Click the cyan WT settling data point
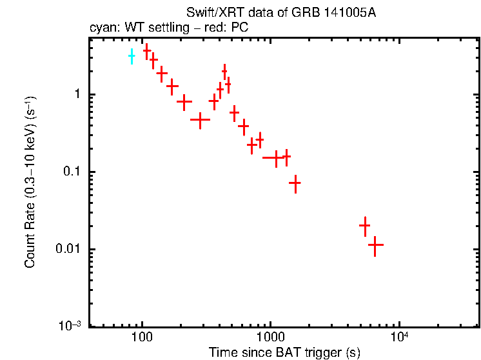click(132, 56)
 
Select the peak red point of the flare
click(224, 71)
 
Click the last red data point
click(375, 245)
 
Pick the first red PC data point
click(146, 50)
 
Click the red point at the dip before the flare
click(201, 119)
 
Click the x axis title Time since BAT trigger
click(284, 352)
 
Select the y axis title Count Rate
click(30, 183)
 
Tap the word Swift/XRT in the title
click(210, 14)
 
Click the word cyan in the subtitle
click(101, 28)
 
